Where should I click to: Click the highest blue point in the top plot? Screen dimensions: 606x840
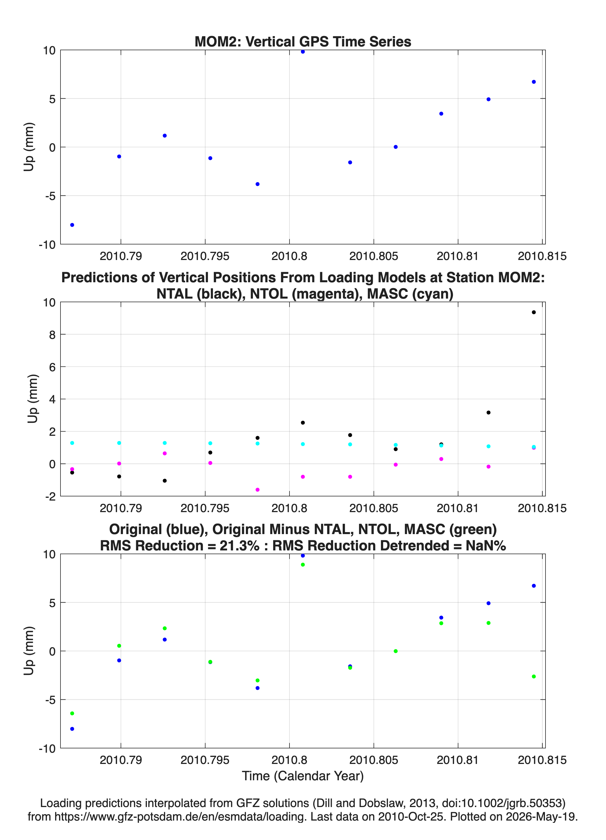[303, 52]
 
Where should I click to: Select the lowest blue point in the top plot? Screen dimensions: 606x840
[72, 225]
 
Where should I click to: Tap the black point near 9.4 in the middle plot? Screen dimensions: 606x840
[533, 312]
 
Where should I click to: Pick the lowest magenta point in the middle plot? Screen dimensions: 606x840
[257, 490]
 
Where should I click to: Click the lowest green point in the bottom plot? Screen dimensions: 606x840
[72, 713]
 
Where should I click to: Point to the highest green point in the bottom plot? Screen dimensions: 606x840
[303, 565]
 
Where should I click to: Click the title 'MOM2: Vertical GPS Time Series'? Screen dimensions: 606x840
[303, 41]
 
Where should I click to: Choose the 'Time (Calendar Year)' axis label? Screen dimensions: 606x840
[303, 775]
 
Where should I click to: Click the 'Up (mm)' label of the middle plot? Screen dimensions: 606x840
[33, 399]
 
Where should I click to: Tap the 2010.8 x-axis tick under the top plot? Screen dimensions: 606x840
[289, 256]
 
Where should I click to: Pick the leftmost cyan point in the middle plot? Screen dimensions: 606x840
[72, 443]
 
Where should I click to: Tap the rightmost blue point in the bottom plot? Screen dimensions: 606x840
[533, 586]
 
